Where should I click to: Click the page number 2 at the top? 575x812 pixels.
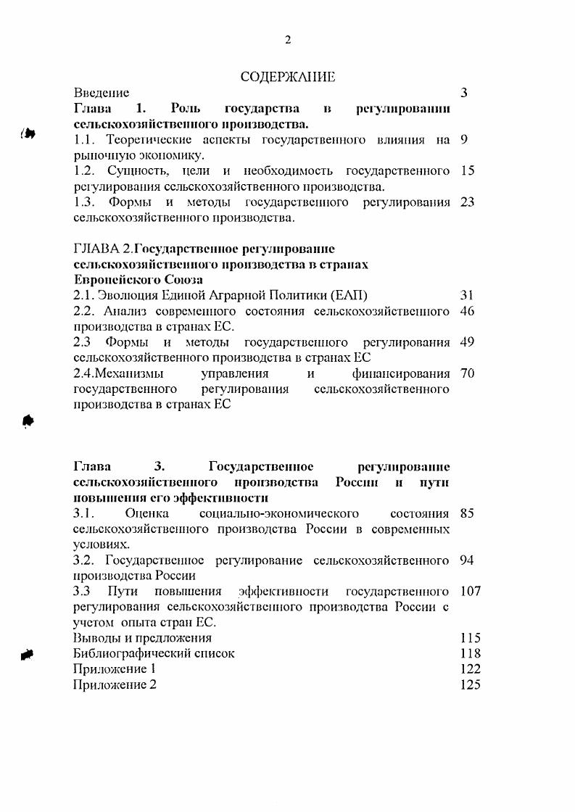pos(287,40)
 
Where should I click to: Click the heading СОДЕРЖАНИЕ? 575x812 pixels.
pos(287,76)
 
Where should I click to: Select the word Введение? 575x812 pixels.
pos(102,93)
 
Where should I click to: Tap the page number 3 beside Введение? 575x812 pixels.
pos(464,93)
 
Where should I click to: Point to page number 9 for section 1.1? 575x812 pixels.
pos(464,139)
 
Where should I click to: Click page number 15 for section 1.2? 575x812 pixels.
pos(467,171)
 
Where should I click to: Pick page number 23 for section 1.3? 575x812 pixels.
pos(467,202)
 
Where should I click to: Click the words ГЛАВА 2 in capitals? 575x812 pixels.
pos(102,249)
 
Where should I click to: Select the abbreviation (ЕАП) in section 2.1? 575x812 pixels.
pos(349,295)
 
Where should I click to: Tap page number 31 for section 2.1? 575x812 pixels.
pos(467,295)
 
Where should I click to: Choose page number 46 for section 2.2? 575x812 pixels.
pos(467,311)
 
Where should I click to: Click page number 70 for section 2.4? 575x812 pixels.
pos(467,374)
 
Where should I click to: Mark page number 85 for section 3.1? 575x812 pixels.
pos(467,514)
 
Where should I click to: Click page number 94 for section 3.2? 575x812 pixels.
pos(467,560)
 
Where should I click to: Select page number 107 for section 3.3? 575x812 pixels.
pos(471,592)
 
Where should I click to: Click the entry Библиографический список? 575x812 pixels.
pos(154,653)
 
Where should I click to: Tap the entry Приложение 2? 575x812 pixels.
pos(115,684)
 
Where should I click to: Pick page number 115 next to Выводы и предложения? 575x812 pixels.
pos(471,638)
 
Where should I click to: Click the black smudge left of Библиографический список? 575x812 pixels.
pos(28,654)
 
